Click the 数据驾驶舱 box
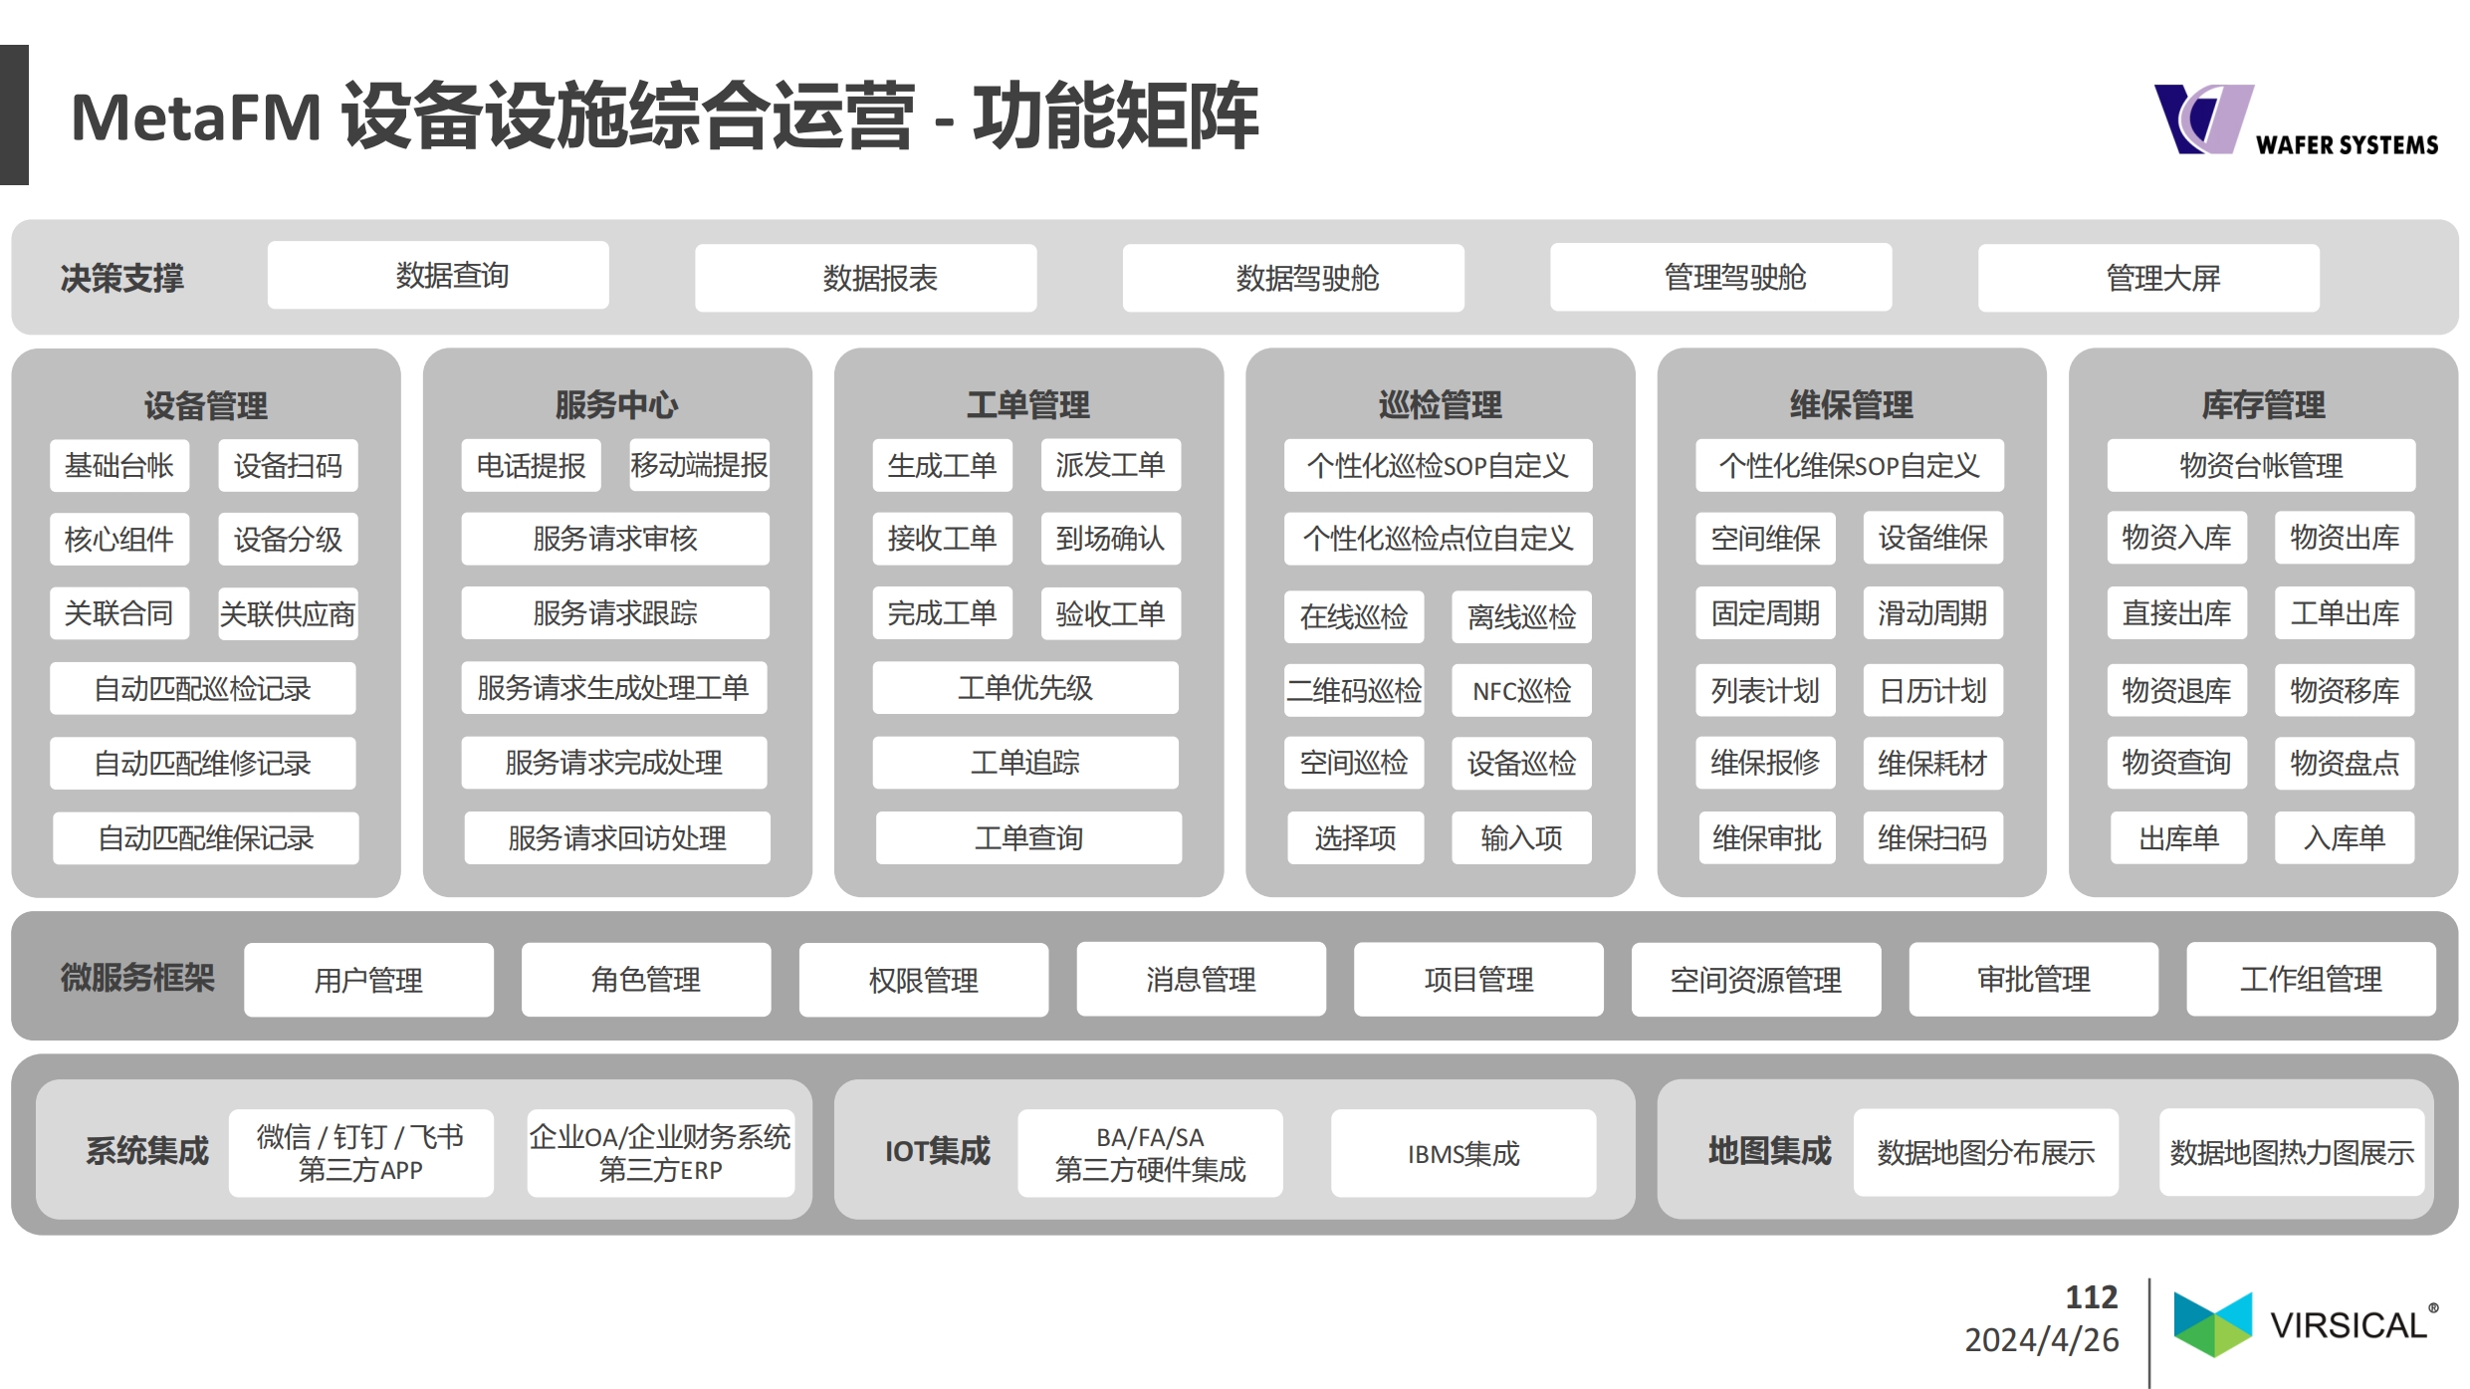(x=1293, y=278)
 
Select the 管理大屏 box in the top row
(x=2148, y=278)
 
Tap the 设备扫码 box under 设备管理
(x=288, y=465)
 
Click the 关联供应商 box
(x=288, y=613)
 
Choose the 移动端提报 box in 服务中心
(x=699, y=465)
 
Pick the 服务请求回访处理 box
(x=617, y=837)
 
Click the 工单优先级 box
(x=1025, y=687)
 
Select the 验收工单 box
(x=1111, y=613)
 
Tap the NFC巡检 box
(x=1521, y=690)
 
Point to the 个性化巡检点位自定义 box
(x=1438, y=539)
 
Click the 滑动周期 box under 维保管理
(x=1932, y=613)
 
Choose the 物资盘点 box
(x=2345, y=763)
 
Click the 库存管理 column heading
(x=2263, y=405)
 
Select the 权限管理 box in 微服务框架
(x=924, y=980)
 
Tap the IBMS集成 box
(x=1463, y=1153)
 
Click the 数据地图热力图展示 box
(x=2292, y=1153)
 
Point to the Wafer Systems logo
(x=2296, y=119)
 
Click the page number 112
(x=2092, y=1296)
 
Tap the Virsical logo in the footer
(x=2306, y=1324)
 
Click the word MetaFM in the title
(x=196, y=117)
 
